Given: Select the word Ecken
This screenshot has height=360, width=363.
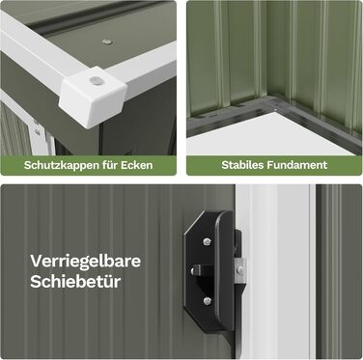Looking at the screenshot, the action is tap(137, 165).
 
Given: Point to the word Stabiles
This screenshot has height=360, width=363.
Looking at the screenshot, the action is tap(242, 165).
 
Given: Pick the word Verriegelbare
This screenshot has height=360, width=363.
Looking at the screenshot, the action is tap(86, 261).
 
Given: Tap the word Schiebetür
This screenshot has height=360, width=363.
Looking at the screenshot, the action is tap(75, 282).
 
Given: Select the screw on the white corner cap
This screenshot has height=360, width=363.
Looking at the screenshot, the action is tap(96, 81).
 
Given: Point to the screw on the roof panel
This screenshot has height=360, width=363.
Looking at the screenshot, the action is tap(107, 42).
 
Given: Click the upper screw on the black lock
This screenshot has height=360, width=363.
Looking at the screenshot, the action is tap(208, 241).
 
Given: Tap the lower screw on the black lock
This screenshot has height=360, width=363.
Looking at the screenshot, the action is tap(208, 301).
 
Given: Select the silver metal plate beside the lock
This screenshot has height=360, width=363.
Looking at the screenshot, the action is tap(239, 271).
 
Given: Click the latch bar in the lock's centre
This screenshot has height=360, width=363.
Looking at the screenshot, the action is tap(200, 269).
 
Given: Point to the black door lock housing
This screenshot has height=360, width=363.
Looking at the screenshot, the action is tap(209, 272).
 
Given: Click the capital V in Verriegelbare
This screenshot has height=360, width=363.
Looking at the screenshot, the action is tap(37, 261).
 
